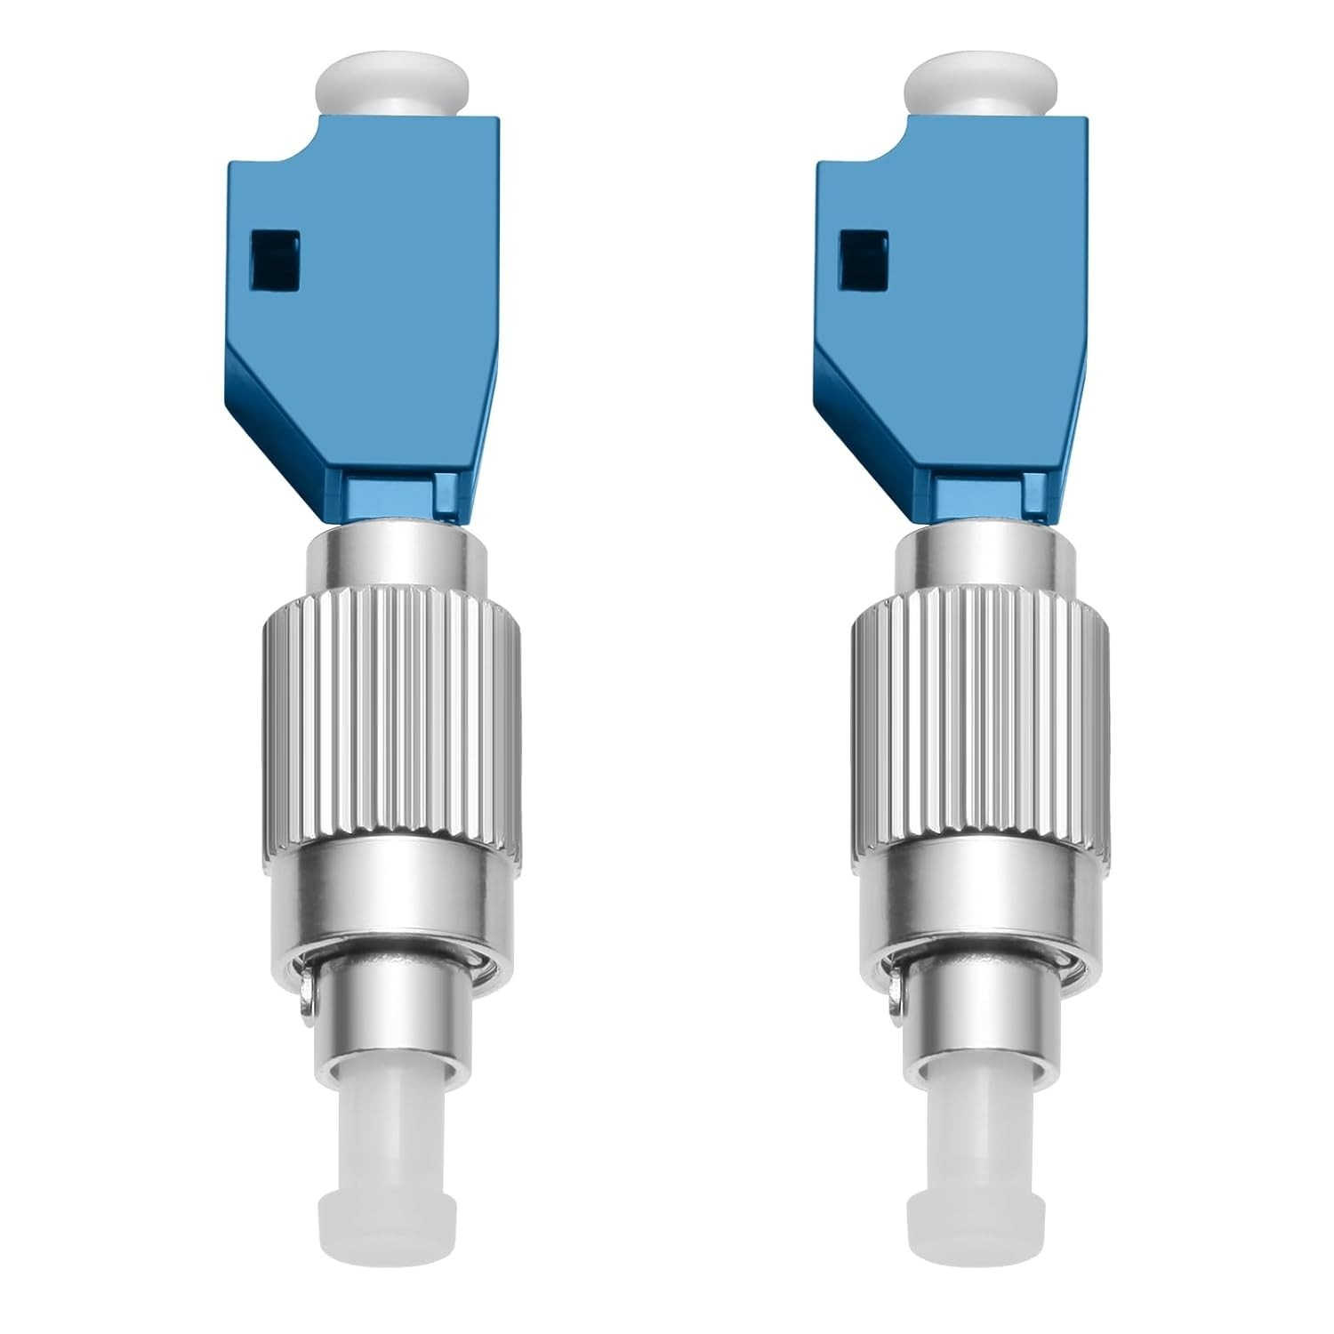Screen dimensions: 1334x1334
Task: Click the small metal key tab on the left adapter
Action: pyautogui.click(x=309, y=1012)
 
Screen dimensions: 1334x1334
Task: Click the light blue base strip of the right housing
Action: pyautogui.click(x=992, y=494)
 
